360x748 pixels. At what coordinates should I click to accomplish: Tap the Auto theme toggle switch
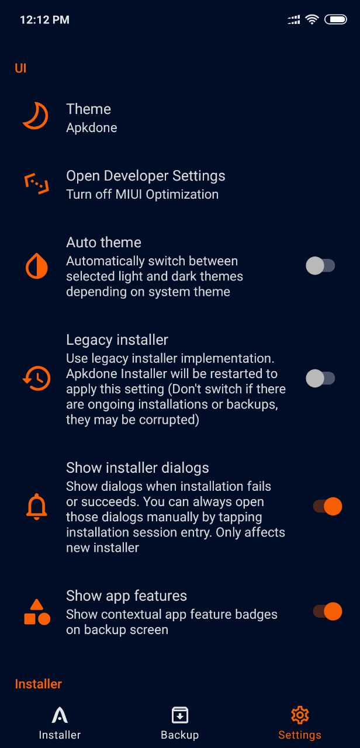pos(320,266)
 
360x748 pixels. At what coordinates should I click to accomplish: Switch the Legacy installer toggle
pos(320,378)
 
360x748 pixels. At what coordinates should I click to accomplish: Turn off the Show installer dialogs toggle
pos(328,506)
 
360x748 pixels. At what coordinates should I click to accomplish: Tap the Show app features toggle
pos(328,611)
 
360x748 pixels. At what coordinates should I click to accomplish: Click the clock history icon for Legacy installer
pos(36,378)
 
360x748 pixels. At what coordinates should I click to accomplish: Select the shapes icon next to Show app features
pos(37,612)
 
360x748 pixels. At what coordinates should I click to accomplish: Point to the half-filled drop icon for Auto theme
pos(36,266)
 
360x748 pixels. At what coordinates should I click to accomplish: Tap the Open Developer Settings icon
pos(37,183)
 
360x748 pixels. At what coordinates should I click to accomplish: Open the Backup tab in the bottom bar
pos(179,723)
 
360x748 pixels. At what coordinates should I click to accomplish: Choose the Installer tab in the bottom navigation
pos(60,723)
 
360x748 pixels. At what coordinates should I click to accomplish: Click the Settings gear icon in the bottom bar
pos(300,715)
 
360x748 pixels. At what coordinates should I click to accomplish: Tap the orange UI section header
pos(20,68)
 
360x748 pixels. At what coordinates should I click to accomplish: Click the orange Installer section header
pos(39,684)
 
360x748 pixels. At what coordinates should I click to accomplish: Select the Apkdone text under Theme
pos(92,128)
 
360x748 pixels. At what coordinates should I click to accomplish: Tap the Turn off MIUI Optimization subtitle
pos(142,195)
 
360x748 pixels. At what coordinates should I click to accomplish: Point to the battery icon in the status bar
pos(336,20)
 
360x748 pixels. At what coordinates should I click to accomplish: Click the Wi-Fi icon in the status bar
pos(312,20)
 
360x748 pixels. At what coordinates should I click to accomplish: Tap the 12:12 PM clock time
pos(45,20)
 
